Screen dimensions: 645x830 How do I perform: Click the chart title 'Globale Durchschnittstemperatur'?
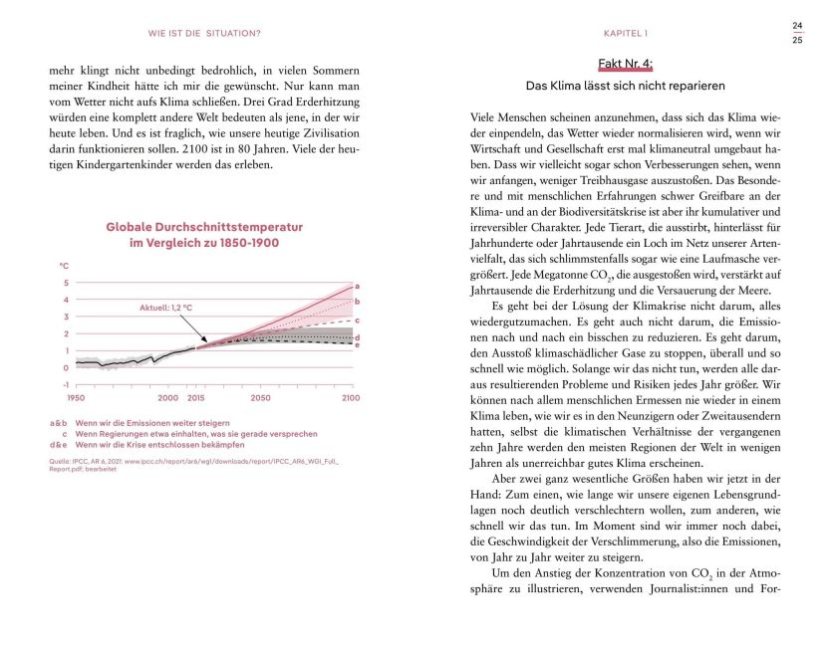pyautogui.click(x=204, y=227)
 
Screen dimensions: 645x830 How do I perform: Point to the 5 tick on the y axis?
pyautogui.click(x=66, y=284)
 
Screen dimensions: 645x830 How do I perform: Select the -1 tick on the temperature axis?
pyautogui.click(x=66, y=384)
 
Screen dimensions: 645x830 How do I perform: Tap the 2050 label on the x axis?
pyautogui.click(x=260, y=398)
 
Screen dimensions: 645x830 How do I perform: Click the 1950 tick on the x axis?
pyautogui.click(x=76, y=398)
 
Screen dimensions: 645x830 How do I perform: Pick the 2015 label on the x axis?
pyautogui.click(x=195, y=398)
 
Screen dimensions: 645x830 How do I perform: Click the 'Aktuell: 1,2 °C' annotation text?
pyautogui.click(x=165, y=308)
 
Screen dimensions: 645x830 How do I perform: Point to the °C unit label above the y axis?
pyautogui.click(x=65, y=267)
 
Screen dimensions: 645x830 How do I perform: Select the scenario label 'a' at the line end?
pyautogui.click(x=357, y=286)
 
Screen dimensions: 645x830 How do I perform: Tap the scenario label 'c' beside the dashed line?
pyautogui.click(x=357, y=320)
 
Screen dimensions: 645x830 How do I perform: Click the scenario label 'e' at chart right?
pyautogui.click(x=357, y=344)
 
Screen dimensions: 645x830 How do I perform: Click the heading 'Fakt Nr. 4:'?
pyautogui.click(x=625, y=64)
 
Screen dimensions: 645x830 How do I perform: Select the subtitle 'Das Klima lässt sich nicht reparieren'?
pyautogui.click(x=625, y=86)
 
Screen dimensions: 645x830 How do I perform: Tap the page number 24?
pyautogui.click(x=797, y=26)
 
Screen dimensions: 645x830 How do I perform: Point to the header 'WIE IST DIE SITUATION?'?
pyautogui.click(x=204, y=34)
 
